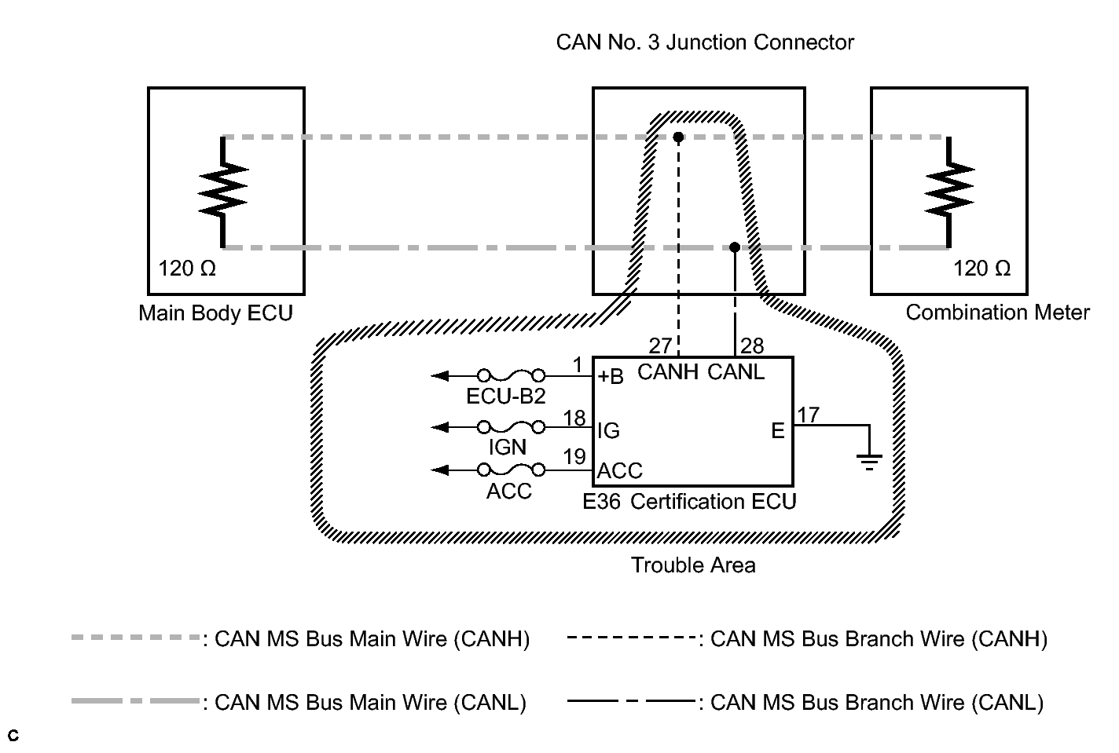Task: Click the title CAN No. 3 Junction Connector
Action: tap(705, 42)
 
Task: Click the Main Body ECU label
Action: tap(215, 313)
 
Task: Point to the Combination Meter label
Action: tap(997, 313)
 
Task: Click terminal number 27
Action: tap(660, 346)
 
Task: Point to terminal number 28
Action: tap(752, 346)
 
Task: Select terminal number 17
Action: tap(808, 414)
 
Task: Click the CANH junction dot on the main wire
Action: tap(678, 137)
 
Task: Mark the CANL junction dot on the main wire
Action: tap(734, 247)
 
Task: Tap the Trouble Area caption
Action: tap(693, 565)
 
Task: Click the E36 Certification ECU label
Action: tap(689, 502)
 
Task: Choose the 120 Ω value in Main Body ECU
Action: tap(187, 269)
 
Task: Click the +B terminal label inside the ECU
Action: tap(611, 377)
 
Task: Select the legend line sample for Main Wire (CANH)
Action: tap(134, 638)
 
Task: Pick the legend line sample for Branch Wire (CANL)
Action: tap(631, 701)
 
